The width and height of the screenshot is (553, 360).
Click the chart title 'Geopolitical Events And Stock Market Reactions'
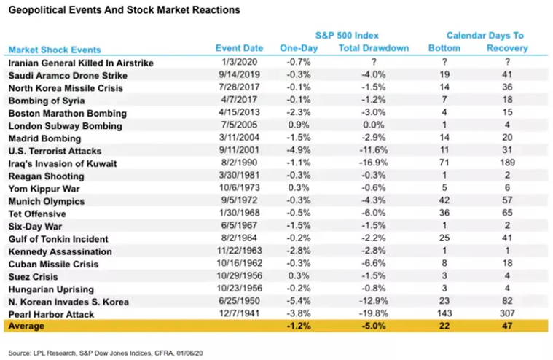(x=123, y=11)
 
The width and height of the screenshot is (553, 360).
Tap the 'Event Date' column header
(x=239, y=48)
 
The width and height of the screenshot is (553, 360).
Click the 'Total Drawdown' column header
(x=374, y=48)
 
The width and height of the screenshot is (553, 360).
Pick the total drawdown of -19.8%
(x=374, y=314)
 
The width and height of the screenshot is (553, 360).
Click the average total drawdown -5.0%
(x=374, y=327)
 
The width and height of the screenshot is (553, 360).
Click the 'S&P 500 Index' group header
(x=347, y=35)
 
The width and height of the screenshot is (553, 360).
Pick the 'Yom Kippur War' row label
(x=43, y=189)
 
